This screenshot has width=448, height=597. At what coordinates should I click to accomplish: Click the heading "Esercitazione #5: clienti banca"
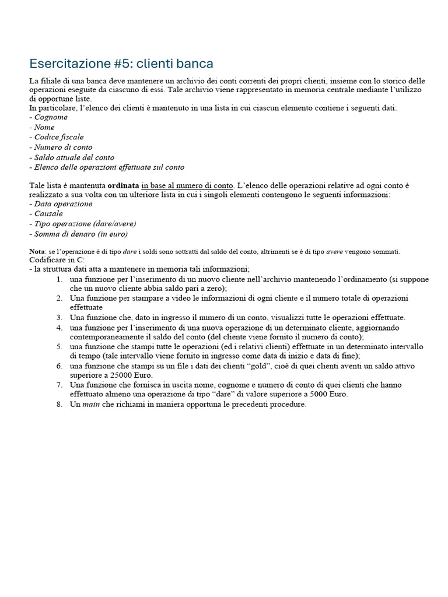click(121, 63)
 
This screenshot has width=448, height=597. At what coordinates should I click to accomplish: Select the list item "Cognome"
click(51, 117)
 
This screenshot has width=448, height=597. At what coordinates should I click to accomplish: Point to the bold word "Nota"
click(37, 252)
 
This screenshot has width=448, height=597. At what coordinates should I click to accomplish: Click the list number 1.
click(59, 279)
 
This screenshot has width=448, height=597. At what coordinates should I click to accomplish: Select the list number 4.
click(59, 327)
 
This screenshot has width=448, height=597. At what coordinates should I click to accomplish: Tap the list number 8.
click(59, 404)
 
